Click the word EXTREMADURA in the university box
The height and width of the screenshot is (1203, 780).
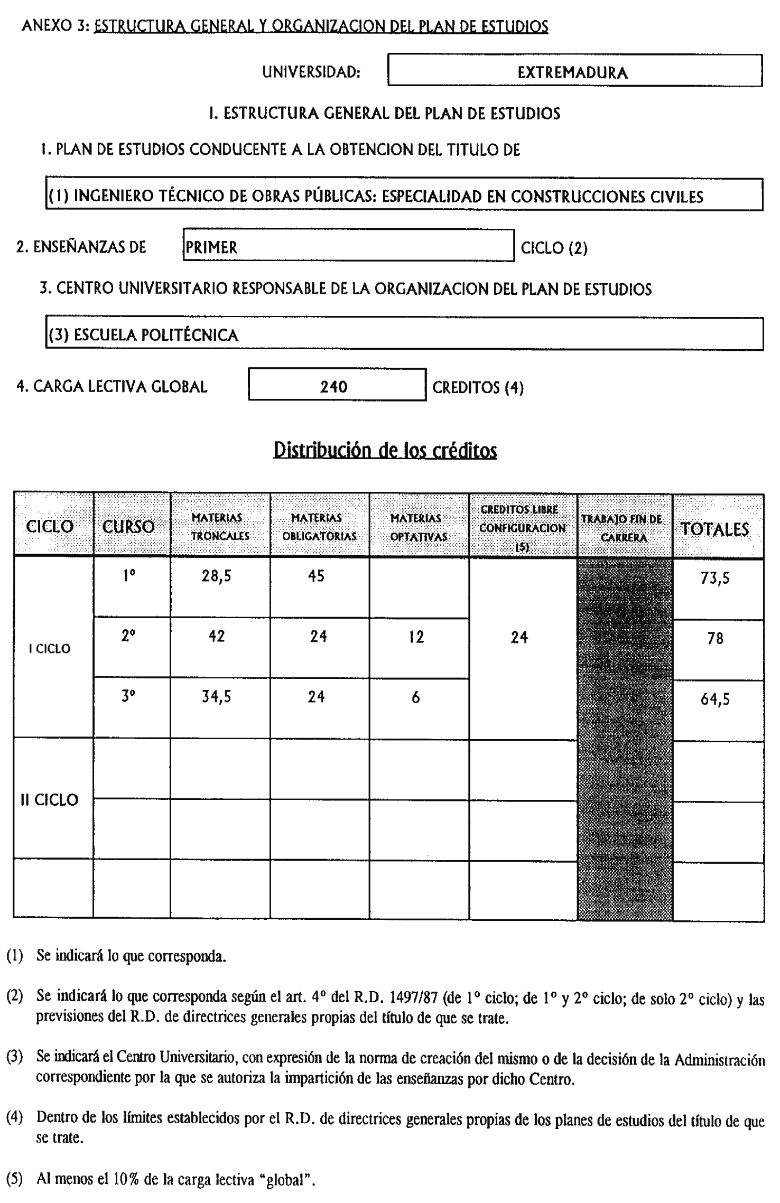[572, 72]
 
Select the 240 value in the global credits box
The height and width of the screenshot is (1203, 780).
[333, 387]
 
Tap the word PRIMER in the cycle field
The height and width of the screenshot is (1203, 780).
[211, 247]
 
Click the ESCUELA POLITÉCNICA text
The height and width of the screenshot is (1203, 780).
[156, 335]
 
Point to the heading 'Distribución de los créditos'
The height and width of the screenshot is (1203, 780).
[385, 450]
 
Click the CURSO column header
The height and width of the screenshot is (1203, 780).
[128, 526]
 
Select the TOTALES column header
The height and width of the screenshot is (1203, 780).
[714, 529]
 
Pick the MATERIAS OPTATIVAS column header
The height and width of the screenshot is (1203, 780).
[419, 527]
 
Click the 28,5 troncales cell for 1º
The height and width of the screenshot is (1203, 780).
[216, 576]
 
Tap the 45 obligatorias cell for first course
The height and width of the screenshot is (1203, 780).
[316, 576]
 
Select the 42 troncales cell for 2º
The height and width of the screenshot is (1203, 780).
[217, 636]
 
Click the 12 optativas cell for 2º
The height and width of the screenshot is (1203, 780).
[416, 637]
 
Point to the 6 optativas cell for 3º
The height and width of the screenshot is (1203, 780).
[416, 697]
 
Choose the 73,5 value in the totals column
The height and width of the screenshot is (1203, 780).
[715, 579]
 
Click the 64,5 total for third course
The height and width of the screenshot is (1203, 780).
[715, 700]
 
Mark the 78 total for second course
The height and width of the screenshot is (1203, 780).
[715, 639]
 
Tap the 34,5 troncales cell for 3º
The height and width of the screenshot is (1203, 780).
[216, 697]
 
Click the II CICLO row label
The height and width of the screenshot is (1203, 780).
[49, 800]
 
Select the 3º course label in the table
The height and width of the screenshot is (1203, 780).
[128, 696]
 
